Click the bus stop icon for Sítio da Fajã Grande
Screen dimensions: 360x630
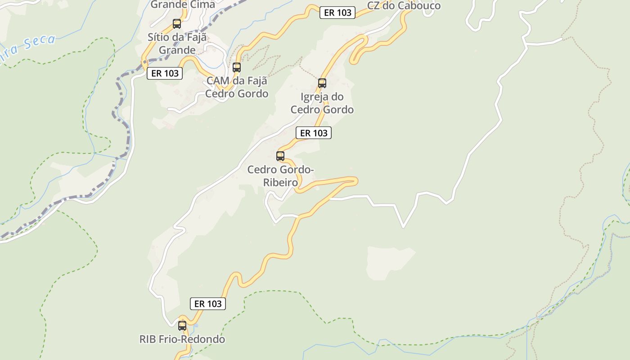click(x=177, y=24)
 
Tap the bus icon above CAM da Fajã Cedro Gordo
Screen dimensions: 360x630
click(x=237, y=67)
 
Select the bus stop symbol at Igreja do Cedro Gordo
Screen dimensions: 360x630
click(x=322, y=83)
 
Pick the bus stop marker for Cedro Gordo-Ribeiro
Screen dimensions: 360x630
click(x=280, y=156)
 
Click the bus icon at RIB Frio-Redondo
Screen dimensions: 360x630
click(x=182, y=325)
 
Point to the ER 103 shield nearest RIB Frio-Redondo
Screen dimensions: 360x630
click(x=208, y=304)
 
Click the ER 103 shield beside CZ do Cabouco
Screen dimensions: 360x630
click(x=337, y=13)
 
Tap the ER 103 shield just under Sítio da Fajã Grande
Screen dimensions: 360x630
click(x=165, y=73)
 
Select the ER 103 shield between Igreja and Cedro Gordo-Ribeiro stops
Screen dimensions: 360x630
click(x=314, y=133)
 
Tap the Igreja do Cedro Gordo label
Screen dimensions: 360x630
click(x=322, y=103)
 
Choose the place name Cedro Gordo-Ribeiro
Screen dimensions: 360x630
click(x=280, y=176)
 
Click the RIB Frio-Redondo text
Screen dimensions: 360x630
click(x=182, y=339)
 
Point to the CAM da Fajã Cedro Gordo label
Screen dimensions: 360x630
click(x=237, y=87)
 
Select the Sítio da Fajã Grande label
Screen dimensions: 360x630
click(x=177, y=44)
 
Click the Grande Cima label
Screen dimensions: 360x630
click(x=183, y=4)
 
